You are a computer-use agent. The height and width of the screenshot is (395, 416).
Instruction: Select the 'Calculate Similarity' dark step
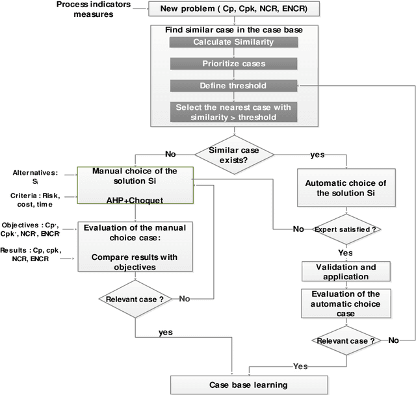point(231,42)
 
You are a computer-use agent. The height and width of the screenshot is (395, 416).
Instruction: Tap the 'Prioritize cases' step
point(231,64)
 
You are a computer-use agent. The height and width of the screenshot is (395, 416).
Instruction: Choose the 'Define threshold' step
point(231,86)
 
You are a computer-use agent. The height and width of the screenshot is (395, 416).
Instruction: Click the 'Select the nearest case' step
point(231,112)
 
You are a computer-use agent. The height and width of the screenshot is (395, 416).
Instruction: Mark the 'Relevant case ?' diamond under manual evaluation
point(135,299)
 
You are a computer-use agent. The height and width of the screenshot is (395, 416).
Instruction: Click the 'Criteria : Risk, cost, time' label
point(40,199)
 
